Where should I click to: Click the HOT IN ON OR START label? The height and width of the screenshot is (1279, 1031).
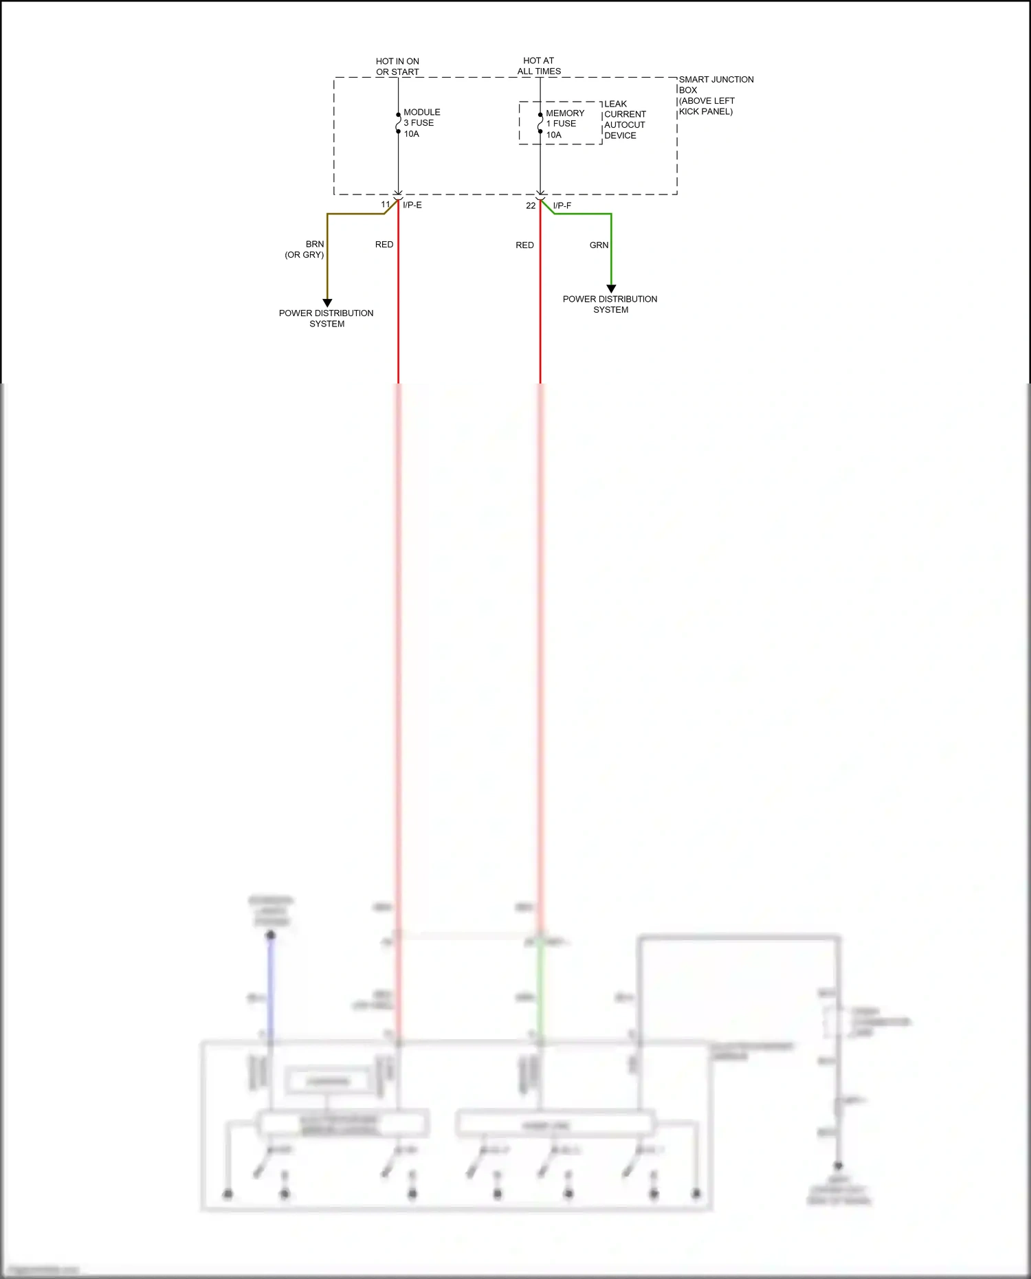(x=397, y=67)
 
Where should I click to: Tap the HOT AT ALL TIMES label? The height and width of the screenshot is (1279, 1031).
(x=539, y=66)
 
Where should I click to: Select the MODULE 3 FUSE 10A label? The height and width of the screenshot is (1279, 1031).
(x=421, y=123)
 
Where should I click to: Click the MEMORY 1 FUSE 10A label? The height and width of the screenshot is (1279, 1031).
(x=564, y=124)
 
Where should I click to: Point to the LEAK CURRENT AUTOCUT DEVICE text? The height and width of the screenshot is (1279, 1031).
(x=624, y=120)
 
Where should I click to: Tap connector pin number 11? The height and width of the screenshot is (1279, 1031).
(x=386, y=205)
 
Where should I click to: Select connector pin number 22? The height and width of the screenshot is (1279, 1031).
(x=531, y=205)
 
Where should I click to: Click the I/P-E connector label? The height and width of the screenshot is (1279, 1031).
(x=412, y=205)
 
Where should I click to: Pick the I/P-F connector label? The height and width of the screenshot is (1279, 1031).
(x=562, y=205)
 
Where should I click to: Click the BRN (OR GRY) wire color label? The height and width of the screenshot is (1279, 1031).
(x=305, y=249)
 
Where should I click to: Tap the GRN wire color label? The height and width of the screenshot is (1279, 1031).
(x=599, y=245)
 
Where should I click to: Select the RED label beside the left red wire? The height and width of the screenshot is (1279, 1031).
(x=384, y=245)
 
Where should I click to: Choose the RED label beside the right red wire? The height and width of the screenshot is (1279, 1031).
(x=524, y=245)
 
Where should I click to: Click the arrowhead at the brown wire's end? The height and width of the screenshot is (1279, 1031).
(x=327, y=302)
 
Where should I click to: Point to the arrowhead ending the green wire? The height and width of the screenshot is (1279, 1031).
(x=611, y=289)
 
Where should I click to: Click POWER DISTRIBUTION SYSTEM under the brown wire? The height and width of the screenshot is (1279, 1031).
(x=326, y=318)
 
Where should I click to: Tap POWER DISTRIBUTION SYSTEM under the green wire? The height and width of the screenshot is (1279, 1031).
(x=610, y=304)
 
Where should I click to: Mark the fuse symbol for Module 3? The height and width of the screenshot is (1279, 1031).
(x=398, y=123)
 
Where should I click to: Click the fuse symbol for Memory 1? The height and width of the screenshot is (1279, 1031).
(x=540, y=123)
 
